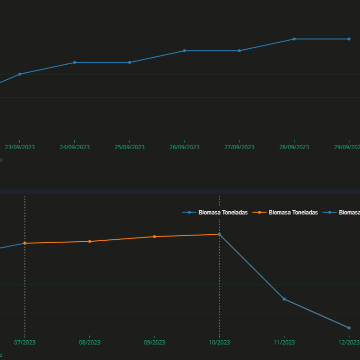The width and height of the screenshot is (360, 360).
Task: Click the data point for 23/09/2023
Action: [20, 74]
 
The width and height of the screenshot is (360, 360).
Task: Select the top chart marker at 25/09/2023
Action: [130, 62]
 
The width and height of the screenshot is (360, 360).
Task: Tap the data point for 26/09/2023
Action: [184, 51]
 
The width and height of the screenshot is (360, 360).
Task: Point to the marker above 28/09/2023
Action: [294, 39]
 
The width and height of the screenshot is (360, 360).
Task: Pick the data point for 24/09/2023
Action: [75, 62]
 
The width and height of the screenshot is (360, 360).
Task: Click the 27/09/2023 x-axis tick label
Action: [239, 147]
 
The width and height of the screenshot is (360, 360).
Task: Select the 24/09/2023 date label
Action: [75, 147]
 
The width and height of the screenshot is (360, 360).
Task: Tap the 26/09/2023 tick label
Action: [184, 147]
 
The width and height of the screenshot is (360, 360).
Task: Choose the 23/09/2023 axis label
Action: [20, 147]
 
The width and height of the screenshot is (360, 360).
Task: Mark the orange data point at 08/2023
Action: [90, 241]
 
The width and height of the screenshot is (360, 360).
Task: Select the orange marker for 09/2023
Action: [154, 237]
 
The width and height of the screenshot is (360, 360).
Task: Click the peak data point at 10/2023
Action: [219, 234]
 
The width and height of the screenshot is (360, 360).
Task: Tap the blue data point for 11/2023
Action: [284, 299]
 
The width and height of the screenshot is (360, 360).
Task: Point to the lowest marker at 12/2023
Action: [349, 328]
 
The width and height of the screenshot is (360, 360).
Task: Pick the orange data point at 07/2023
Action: [25, 243]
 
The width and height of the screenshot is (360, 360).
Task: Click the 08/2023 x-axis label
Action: [90, 343]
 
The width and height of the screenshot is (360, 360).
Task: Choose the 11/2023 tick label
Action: [284, 343]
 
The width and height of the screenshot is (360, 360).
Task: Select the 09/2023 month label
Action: [154, 343]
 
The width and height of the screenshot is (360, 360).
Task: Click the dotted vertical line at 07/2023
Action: [25, 291]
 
